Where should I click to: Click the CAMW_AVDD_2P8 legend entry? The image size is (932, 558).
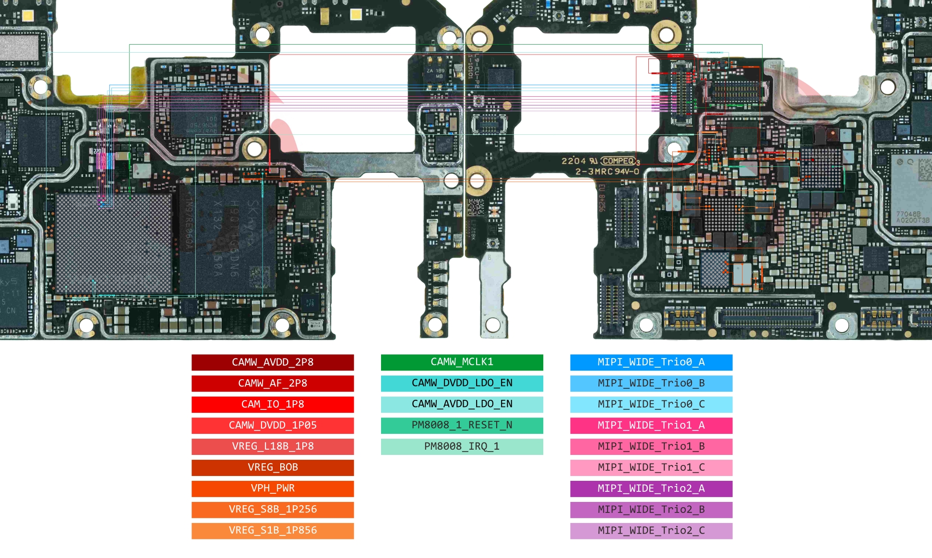[273, 362]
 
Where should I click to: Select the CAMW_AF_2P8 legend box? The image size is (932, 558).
[273, 384]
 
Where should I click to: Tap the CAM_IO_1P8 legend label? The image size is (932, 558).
[273, 405]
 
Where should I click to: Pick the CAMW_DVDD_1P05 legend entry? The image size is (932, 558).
[273, 425]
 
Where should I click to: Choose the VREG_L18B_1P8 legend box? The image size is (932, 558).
[273, 446]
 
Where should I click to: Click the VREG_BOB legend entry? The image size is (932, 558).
[273, 467]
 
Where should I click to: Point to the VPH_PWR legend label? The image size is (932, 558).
[273, 488]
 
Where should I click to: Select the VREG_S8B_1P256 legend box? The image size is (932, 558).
[273, 510]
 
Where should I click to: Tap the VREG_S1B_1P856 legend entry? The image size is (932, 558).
[273, 531]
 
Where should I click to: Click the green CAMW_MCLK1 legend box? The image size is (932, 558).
[462, 362]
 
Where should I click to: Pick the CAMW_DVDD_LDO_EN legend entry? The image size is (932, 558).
[462, 384]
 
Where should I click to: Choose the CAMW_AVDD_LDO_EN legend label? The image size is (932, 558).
[462, 405]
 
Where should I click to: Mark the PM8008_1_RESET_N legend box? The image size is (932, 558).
[462, 425]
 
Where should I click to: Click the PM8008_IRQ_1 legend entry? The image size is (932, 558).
[462, 446]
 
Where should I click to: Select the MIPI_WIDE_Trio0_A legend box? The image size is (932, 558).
[651, 362]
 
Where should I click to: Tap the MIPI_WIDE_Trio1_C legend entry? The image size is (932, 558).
[651, 467]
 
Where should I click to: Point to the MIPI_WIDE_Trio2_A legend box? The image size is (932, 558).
[651, 488]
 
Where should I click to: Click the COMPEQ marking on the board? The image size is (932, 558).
[618, 161]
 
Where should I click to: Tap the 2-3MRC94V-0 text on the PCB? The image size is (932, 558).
[607, 172]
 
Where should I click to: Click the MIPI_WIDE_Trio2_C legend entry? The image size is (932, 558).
[651, 531]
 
